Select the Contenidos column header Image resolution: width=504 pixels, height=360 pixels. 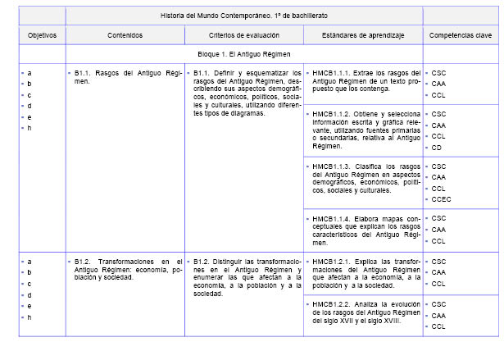(125, 35)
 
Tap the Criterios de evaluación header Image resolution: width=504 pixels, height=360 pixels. (243, 35)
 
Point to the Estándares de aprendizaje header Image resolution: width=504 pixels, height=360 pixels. (362, 35)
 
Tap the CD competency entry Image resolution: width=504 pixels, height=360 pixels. (436, 148)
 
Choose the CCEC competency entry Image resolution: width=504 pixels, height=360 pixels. (439, 199)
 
